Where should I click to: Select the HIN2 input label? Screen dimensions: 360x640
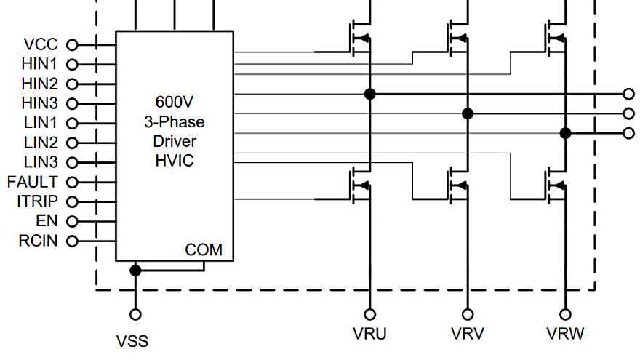41,84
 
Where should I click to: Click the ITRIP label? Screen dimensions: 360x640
36,201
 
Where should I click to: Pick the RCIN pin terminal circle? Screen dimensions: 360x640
72,241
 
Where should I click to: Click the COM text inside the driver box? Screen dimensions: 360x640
204,250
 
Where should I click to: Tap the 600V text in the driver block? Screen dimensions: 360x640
175,101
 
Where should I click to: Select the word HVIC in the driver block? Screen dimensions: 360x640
175,161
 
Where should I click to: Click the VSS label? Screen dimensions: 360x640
132,340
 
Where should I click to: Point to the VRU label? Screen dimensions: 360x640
369,335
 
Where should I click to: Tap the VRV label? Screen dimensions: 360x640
467,335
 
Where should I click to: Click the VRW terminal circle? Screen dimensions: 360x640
564,314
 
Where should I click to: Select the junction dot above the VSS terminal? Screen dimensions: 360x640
135,271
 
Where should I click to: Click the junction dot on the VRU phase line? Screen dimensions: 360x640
370,94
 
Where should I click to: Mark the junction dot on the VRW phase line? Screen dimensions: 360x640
564,133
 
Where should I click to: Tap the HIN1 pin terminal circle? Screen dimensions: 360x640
72,64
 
